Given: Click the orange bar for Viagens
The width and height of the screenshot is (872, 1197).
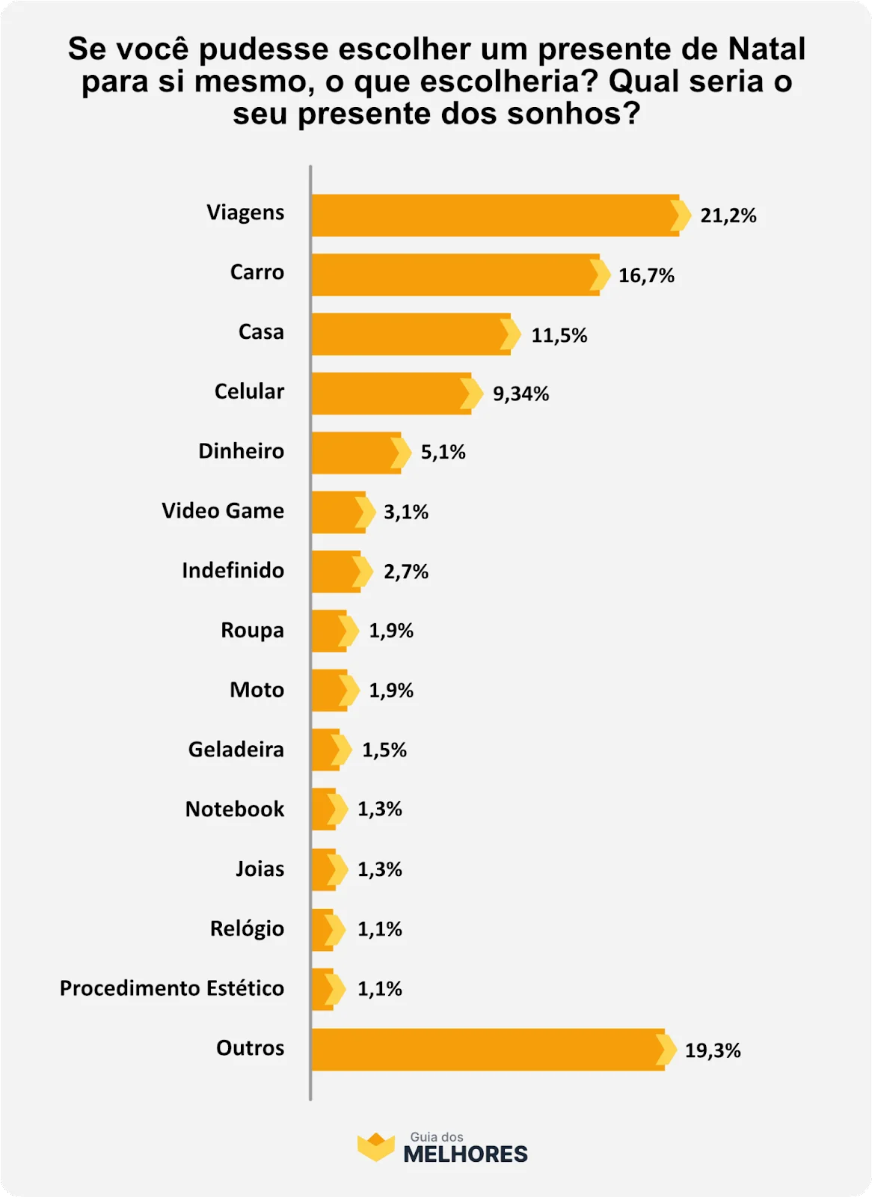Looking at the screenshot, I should tap(494, 215).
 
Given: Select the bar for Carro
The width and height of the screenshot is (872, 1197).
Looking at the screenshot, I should tap(454, 275).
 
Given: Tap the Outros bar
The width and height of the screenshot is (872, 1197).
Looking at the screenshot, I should tap(486, 1049).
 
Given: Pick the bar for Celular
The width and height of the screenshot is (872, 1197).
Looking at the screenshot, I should tap(390, 394).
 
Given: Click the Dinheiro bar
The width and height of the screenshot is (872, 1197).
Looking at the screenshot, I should tap(354, 453).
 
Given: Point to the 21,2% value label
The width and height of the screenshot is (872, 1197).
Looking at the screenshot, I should tap(728, 216).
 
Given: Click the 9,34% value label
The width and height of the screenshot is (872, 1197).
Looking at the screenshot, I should tap(521, 394).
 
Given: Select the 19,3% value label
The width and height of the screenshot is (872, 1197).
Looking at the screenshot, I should tap(712, 1051).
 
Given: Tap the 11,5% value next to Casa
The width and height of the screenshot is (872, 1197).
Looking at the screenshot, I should tap(559, 335).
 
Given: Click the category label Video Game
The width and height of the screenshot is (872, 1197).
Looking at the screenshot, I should tap(223, 511).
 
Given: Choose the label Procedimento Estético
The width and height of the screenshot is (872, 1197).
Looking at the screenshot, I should tap(172, 988).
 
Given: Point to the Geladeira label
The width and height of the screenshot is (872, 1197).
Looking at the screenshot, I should tap(236, 750).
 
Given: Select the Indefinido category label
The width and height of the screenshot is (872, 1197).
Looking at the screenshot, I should tap(233, 571).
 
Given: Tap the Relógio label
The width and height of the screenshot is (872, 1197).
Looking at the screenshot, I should tap(247, 929).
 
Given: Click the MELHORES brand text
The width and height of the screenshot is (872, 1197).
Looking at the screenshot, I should tap(465, 1154).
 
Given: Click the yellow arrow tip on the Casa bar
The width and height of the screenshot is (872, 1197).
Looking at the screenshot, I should tap(511, 334).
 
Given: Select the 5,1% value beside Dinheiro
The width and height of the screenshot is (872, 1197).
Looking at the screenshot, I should tap(443, 453).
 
